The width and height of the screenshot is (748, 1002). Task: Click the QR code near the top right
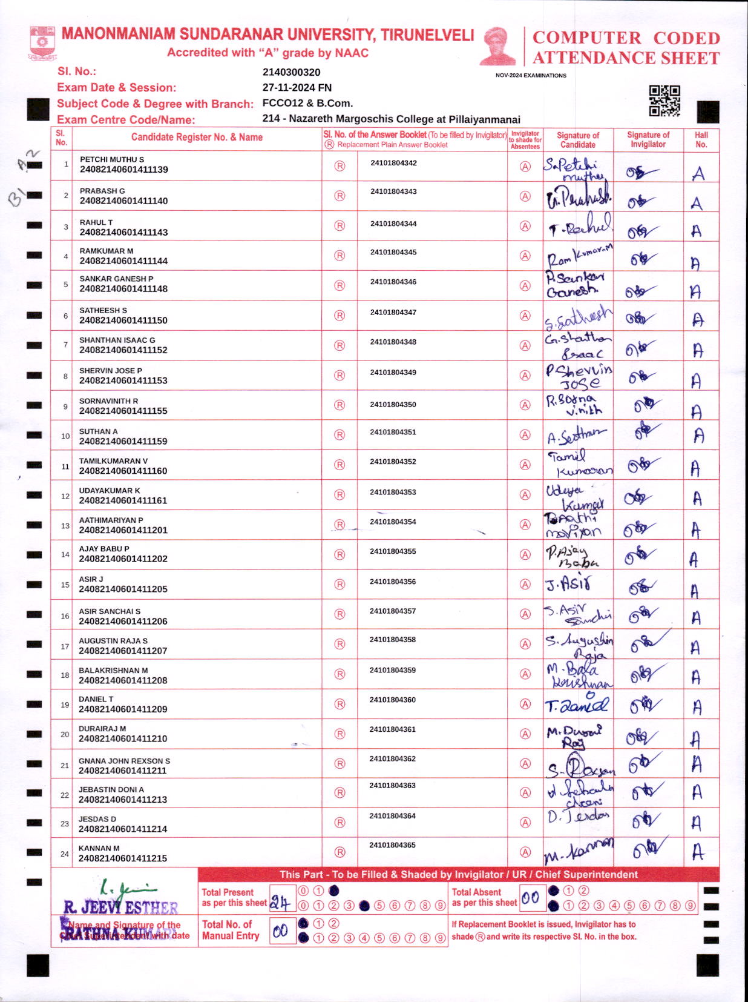tap(664, 101)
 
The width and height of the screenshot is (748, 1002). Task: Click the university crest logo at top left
tap(42, 42)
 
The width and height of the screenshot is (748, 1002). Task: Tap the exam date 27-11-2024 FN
tap(297, 88)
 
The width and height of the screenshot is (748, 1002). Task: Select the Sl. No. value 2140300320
tap(291, 72)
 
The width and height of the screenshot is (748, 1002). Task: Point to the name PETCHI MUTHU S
tap(112, 159)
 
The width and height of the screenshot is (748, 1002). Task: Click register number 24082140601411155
tap(123, 411)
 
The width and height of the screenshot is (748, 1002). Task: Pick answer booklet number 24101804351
tap(393, 433)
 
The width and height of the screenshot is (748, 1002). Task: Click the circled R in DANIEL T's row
tap(340, 704)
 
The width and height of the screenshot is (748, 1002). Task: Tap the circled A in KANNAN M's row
tap(525, 852)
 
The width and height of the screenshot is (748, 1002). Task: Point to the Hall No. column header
tap(701, 139)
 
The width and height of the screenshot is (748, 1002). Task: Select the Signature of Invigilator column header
tap(648, 139)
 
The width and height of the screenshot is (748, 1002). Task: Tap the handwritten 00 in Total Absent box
tap(531, 898)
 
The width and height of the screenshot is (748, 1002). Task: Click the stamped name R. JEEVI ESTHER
tap(121, 907)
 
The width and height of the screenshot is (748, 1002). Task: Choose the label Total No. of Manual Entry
tap(231, 930)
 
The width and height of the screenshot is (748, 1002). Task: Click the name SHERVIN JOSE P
tap(111, 370)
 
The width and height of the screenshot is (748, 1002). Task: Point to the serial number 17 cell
tap(65, 646)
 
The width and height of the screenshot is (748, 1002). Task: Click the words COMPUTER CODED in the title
tap(626, 38)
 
